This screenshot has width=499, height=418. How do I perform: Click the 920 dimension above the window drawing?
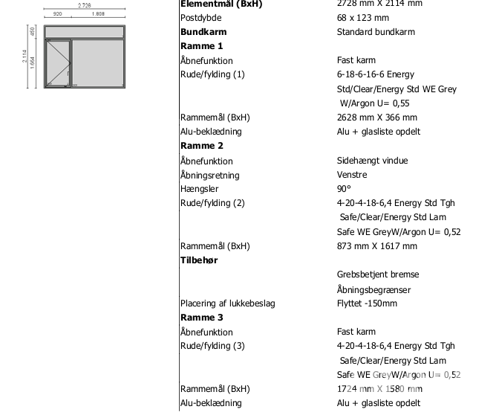pos(57,14)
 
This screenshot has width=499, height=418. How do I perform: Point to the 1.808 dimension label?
pos(98,14)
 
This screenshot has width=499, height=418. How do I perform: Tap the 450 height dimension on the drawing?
pos(33,31)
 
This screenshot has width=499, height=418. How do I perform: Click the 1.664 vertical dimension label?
pos(33,62)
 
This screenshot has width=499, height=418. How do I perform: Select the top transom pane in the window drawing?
pos(85,31)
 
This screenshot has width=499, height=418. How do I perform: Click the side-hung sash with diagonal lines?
pos(57,63)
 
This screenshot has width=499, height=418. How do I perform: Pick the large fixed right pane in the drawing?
pos(98,63)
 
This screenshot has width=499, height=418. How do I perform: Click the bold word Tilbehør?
pos(199,260)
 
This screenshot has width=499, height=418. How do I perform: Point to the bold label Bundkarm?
pos(203,32)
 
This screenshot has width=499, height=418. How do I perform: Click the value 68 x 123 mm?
pos(363,18)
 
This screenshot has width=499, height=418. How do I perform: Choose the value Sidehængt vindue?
pos(372,161)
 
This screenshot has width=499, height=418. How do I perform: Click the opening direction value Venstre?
pos(352,175)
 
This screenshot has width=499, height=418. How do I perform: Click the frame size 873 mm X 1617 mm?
pos(377,246)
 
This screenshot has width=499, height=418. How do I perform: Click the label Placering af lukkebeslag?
pos(227,303)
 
